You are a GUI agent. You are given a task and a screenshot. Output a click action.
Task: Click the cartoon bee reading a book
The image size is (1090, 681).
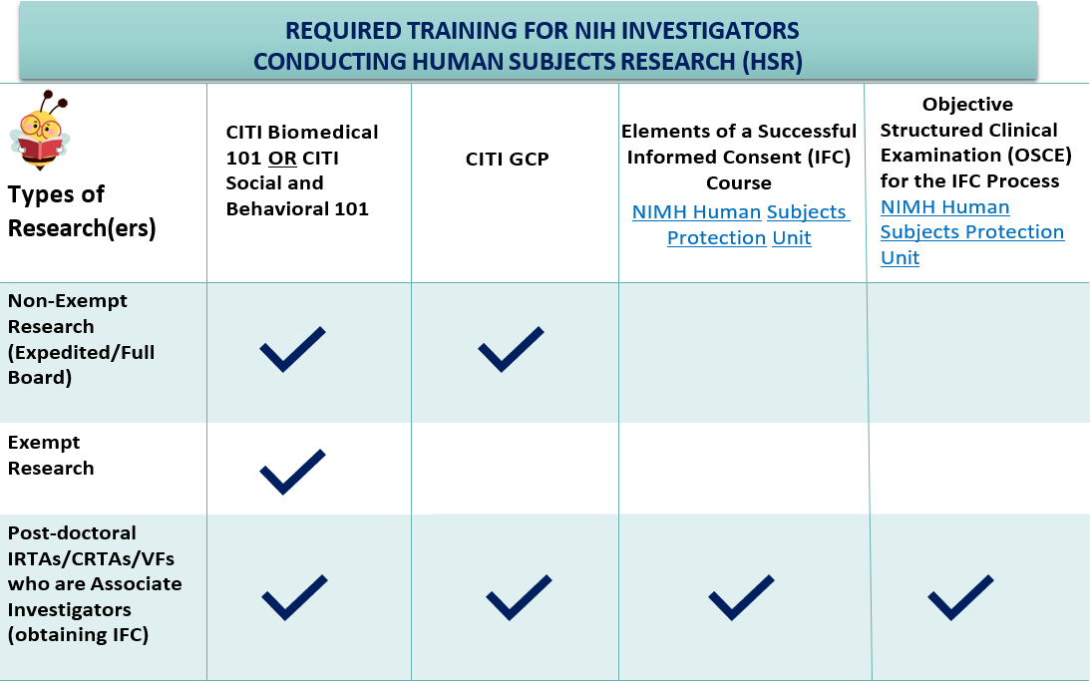[39, 130]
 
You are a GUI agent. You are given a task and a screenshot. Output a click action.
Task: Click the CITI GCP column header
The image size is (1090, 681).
[507, 160]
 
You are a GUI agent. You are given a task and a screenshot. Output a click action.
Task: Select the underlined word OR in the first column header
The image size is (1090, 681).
[282, 159]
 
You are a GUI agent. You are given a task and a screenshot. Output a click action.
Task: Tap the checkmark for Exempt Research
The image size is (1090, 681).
[292, 472]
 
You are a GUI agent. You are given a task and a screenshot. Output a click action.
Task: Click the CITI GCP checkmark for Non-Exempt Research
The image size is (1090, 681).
[511, 349]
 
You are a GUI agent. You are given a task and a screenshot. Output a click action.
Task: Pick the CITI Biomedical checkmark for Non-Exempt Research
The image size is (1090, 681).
[292, 349]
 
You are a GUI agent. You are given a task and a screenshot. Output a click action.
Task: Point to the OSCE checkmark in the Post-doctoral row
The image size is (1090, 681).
[960, 597]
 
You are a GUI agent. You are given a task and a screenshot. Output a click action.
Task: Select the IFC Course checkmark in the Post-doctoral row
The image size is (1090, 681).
[741, 597]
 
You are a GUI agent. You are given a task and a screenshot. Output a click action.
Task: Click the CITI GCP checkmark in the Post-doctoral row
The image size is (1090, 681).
[519, 597]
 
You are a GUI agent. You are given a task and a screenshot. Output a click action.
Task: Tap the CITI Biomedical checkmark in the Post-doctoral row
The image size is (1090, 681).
[295, 597]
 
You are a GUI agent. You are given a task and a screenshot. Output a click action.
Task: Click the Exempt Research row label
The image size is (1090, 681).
[51, 455]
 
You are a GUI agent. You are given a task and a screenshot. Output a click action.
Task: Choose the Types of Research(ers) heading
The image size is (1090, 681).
[82, 210]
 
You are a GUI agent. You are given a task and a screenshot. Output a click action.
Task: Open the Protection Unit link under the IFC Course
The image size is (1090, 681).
[739, 237]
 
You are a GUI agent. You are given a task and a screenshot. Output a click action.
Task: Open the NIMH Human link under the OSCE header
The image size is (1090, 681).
[944, 207]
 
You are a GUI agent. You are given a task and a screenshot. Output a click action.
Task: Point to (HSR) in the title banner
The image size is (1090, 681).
[772, 61]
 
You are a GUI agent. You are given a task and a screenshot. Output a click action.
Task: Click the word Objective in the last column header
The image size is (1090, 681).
[967, 105]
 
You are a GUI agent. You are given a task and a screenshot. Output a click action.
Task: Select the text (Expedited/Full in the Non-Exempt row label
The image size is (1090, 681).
[82, 352]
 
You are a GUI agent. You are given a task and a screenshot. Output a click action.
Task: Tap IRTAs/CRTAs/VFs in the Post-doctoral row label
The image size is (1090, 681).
[91, 558]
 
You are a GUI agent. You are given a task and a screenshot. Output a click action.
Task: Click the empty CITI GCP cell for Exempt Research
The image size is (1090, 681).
[516, 469]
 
